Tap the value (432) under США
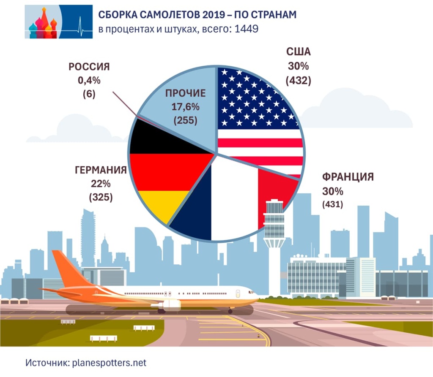click(299, 81)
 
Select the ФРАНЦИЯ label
click(348, 176)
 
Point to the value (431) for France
click(332, 205)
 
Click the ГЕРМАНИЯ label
click(101, 170)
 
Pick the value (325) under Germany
click(101, 197)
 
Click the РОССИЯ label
click(89, 67)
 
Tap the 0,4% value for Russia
click(89, 81)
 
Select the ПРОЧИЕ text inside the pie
click(186, 93)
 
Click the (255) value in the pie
click(186, 120)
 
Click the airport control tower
click(274, 232)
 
